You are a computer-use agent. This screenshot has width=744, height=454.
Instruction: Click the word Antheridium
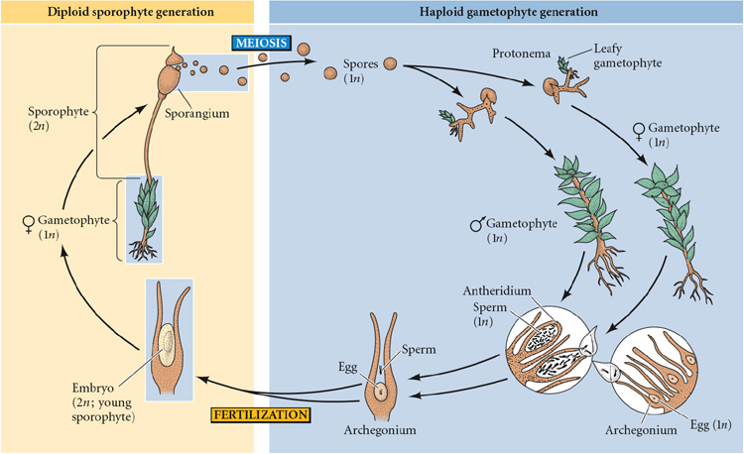click(x=500, y=292)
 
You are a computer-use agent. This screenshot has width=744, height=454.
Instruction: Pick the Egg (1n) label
click(x=705, y=428)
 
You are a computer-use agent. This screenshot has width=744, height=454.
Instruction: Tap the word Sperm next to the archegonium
click(x=418, y=349)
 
